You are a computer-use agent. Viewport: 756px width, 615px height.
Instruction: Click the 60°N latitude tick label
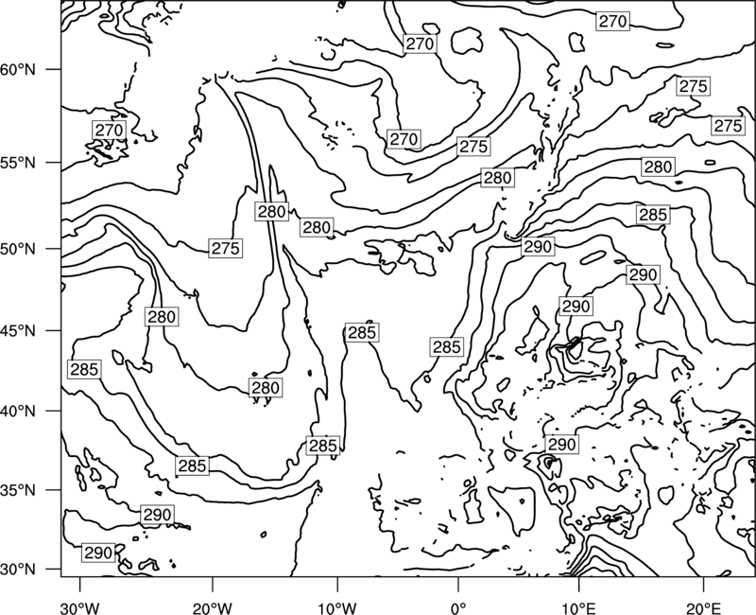tap(18, 69)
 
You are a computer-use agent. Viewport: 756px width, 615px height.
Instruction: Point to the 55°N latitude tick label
tap(18, 163)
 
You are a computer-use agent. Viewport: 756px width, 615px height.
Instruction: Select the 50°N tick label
tap(18, 249)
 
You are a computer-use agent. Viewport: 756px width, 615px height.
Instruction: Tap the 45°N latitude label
tap(18, 330)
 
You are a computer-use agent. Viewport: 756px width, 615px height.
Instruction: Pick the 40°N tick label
tap(18, 411)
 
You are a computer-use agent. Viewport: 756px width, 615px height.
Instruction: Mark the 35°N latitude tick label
tap(18, 490)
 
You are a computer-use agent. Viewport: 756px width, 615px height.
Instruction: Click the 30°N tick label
tap(18, 570)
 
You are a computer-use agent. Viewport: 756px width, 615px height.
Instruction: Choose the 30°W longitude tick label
tap(80, 608)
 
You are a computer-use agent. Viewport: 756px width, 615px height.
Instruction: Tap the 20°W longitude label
tap(212, 608)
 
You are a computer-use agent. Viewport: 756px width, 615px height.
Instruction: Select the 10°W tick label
tap(337, 608)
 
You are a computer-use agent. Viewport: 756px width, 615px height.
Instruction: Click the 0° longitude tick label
tap(458, 608)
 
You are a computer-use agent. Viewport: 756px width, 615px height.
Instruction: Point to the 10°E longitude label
tap(578, 608)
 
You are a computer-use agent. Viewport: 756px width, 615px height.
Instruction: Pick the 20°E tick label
tap(703, 608)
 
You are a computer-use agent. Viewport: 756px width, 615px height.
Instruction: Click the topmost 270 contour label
tap(612, 21)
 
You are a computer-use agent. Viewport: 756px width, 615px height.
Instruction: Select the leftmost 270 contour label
tap(110, 131)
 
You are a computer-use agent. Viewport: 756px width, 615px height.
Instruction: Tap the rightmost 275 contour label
tap(728, 126)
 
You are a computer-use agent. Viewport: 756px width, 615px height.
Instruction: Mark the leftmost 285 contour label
tap(85, 370)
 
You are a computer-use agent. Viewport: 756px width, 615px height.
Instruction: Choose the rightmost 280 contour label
tap(658, 167)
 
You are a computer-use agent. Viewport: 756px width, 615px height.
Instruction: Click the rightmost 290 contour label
tap(644, 275)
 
